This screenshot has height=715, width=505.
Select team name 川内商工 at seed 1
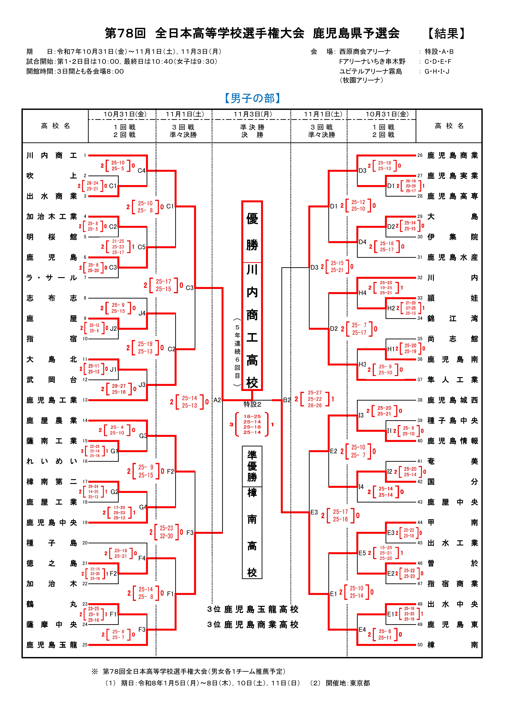point(52,155)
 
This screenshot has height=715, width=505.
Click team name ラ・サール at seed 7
point(52,278)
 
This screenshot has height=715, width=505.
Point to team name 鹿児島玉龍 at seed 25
point(52,645)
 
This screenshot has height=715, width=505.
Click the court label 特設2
point(252,404)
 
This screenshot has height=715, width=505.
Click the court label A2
point(217,400)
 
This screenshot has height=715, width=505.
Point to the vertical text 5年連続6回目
point(237,352)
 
